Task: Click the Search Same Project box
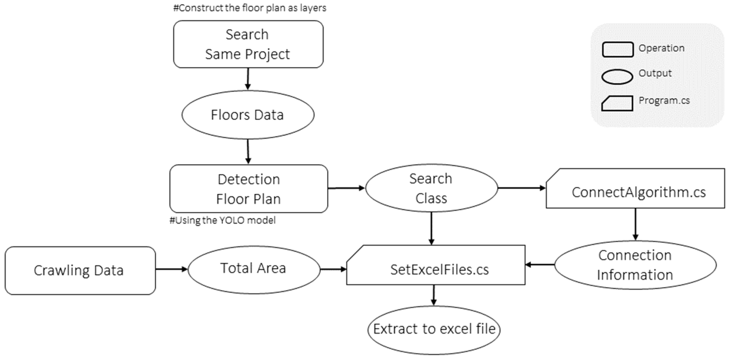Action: tap(248, 44)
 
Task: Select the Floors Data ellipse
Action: tap(248, 115)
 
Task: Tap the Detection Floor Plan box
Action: tap(249, 189)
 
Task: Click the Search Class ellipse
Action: tap(431, 188)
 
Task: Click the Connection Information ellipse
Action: tap(635, 265)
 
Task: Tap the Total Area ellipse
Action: tap(254, 269)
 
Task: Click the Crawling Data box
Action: tap(80, 270)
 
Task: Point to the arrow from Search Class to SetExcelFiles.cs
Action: tap(431, 228)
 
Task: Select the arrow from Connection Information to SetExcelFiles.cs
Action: tap(539, 265)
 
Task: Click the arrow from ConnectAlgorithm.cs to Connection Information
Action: tap(635, 224)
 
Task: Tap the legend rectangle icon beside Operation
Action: tap(617, 49)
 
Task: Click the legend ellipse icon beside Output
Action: tap(617, 77)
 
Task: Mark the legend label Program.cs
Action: tap(664, 101)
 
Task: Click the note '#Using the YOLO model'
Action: tap(223, 220)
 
